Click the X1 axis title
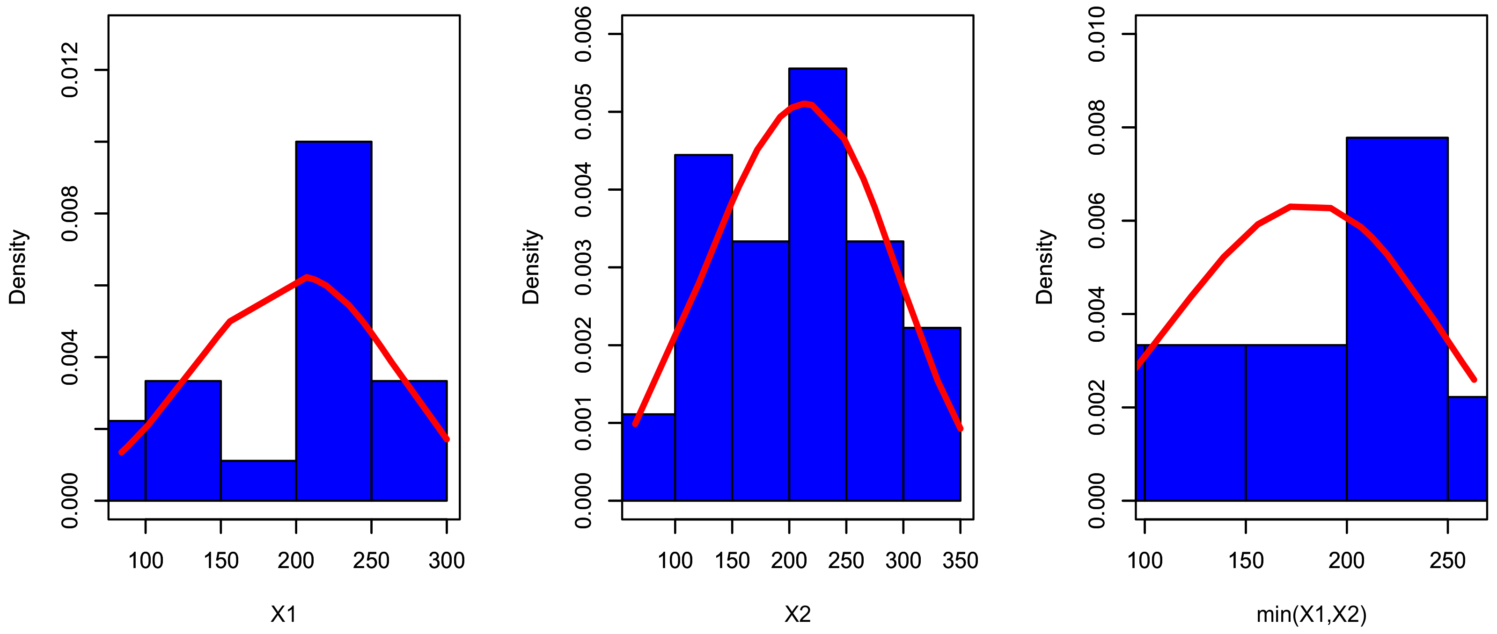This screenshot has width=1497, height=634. [284, 614]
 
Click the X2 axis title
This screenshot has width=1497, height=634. [797, 614]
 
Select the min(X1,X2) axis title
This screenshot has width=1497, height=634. [1311, 614]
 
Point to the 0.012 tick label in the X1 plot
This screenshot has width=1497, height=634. [70, 70]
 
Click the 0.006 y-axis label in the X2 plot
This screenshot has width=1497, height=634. [583, 34]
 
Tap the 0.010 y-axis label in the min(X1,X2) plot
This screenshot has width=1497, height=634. [1097, 34]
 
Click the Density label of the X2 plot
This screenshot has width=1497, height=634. [530, 267]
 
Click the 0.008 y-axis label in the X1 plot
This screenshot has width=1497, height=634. [70, 214]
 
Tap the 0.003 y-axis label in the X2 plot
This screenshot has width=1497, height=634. [583, 267]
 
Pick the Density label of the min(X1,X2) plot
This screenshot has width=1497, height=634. [1044, 267]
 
